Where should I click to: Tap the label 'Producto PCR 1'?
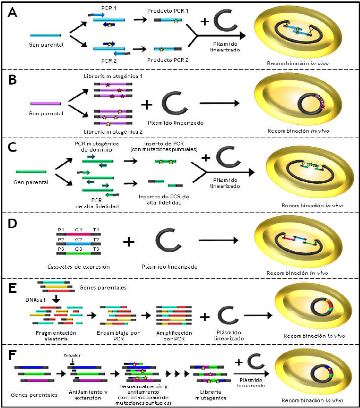pos(167,11)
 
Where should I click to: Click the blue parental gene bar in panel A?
pos(45,35)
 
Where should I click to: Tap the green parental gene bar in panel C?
pos(31,171)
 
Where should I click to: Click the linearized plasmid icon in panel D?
pos(165,241)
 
